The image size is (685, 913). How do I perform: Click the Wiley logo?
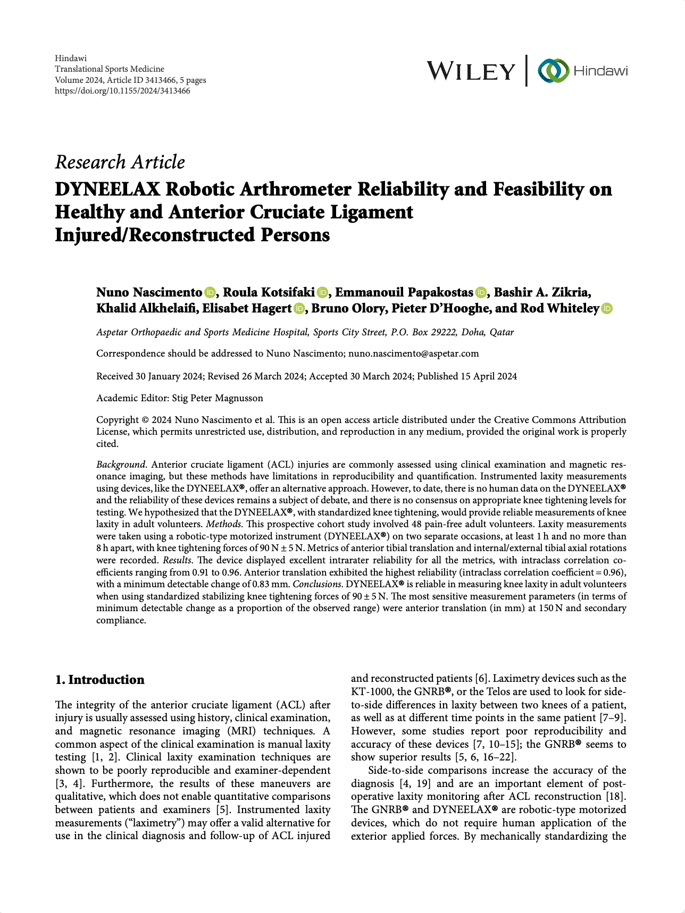tap(471, 71)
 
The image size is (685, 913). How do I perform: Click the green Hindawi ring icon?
tap(553, 71)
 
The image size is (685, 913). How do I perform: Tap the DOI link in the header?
tap(122, 91)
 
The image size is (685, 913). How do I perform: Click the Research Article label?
tap(120, 162)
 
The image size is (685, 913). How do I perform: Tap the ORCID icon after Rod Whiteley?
tap(607, 309)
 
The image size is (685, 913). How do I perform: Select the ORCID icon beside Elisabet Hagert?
tap(299, 309)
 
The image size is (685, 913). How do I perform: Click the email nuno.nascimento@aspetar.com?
tap(413, 353)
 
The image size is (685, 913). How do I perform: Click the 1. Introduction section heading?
tap(100, 680)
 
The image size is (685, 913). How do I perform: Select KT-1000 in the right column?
tap(372, 692)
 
